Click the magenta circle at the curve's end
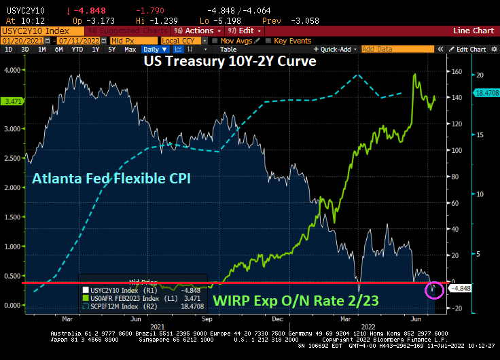(433, 290)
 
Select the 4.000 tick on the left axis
(13, 70)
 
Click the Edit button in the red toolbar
(245, 31)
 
